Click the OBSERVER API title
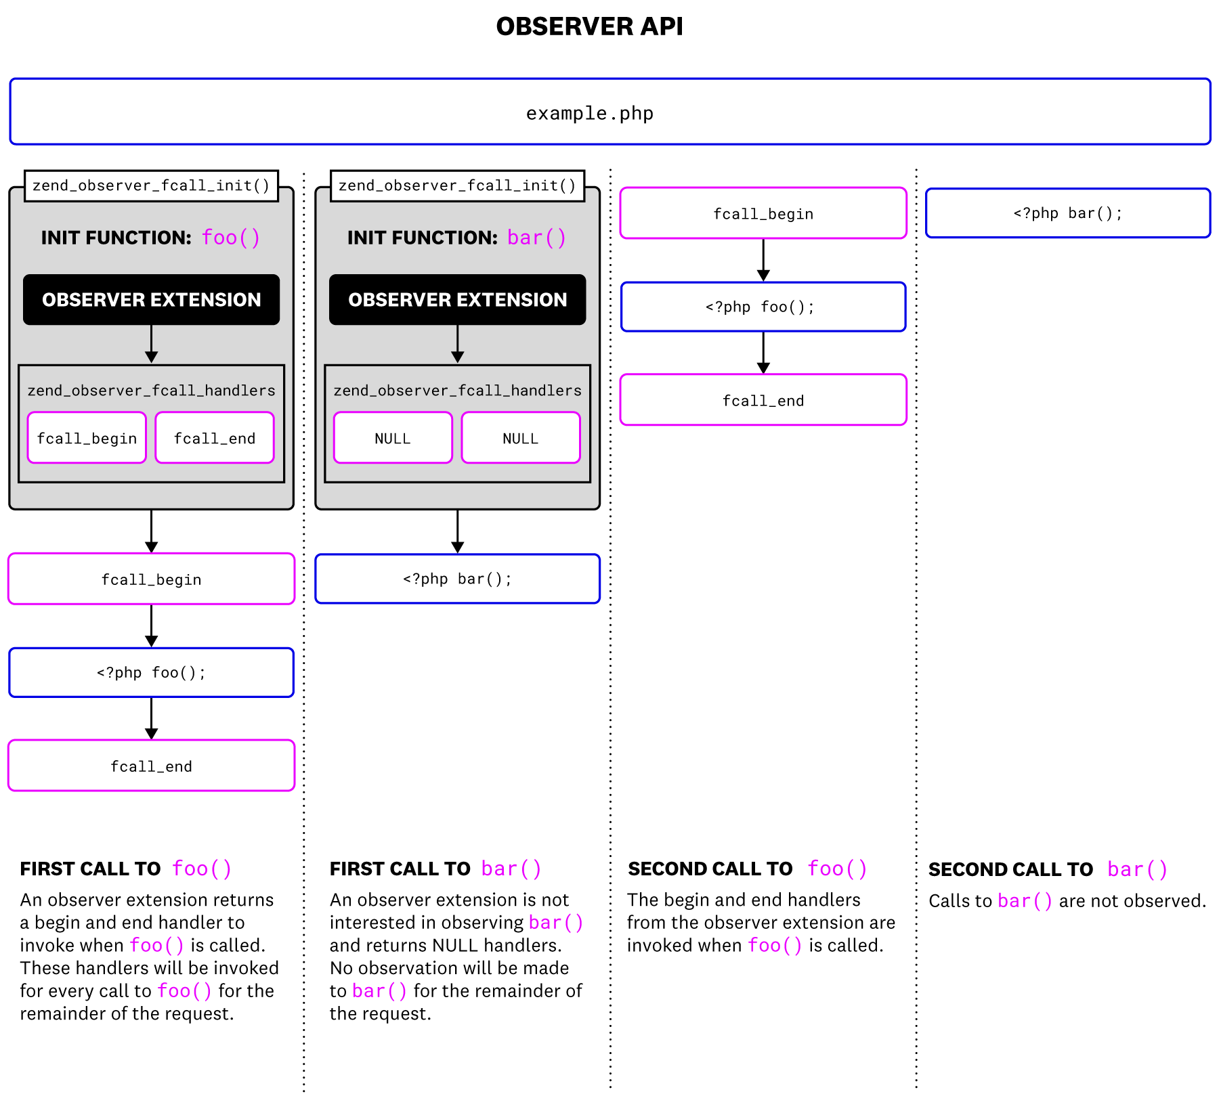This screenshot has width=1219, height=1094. coord(589,26)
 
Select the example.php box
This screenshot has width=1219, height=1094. coord(609,112)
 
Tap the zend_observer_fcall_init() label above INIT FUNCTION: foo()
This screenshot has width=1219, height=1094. coord(151,185)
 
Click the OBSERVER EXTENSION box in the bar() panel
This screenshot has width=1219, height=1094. coord(457,300)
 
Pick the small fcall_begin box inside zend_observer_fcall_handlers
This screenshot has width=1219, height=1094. coord(87,438)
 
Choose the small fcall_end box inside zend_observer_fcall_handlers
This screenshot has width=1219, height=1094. coord(215,438)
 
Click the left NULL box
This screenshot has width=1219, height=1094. coord(393,438)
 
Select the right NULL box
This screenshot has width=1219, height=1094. coord(521,438)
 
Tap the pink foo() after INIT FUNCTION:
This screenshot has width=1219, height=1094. coord(231,238)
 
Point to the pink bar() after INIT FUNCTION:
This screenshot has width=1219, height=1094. coord(536,238)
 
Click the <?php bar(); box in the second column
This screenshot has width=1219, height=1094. coord(457,579)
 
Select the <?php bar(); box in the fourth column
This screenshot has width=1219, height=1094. coord(1068,213)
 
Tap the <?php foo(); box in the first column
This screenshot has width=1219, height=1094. coord(151,672)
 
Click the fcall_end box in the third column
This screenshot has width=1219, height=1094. coord(763,400)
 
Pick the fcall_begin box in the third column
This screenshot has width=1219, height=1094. coord(763,213)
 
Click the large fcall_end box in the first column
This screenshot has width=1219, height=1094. coord(151,766)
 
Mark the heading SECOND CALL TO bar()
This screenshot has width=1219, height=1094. coord(1048,869)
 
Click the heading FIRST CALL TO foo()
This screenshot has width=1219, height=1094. coord(126,869)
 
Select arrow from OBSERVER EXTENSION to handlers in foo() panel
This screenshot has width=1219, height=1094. coord(151,344)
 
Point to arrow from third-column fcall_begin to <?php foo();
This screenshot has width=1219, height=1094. coord(763,260)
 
